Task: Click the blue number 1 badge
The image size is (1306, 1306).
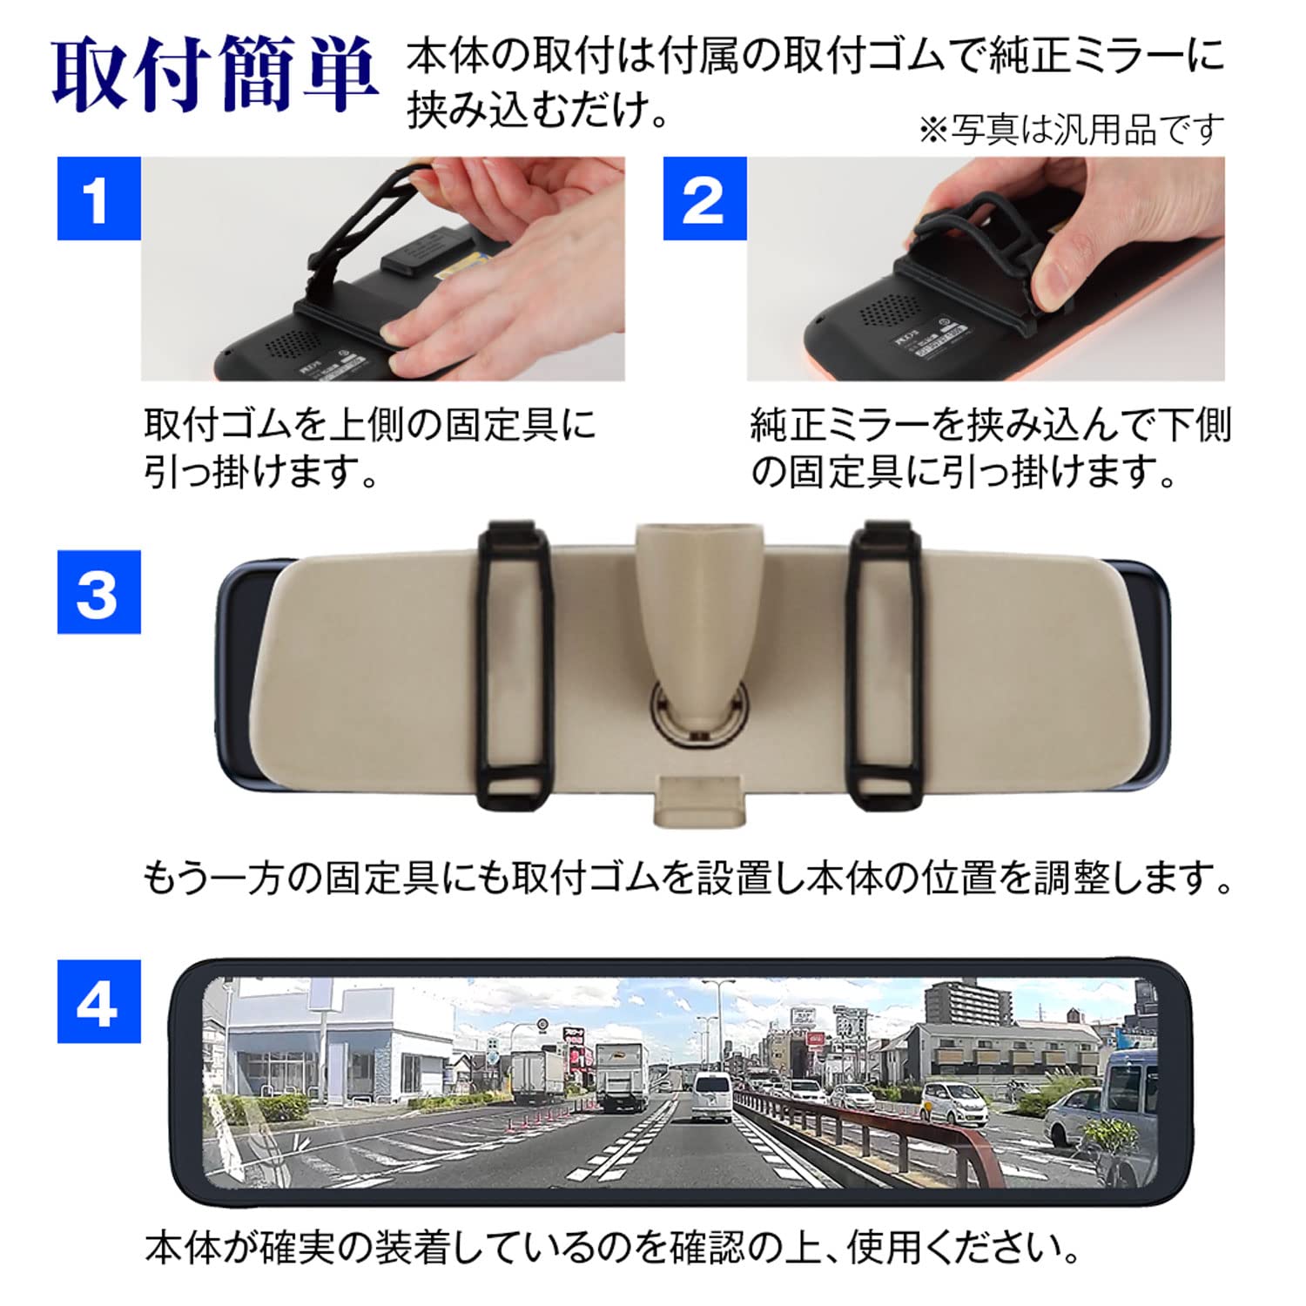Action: coord(98,199)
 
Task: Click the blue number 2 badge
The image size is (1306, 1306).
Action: coord(704,199)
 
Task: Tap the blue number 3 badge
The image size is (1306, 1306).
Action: coord(98,592)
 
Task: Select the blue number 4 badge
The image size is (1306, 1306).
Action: coord(98,1002)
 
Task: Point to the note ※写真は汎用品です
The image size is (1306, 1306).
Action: coord(1071,131)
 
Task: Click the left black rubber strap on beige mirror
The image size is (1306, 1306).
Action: coord(516,662)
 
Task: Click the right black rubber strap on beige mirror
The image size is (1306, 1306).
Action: coord(885,662)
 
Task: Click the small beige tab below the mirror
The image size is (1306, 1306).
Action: coord(702,799)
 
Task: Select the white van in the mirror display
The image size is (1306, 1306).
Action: coord(712,1097)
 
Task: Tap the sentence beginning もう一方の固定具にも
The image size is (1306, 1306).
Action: coord(688,878)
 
